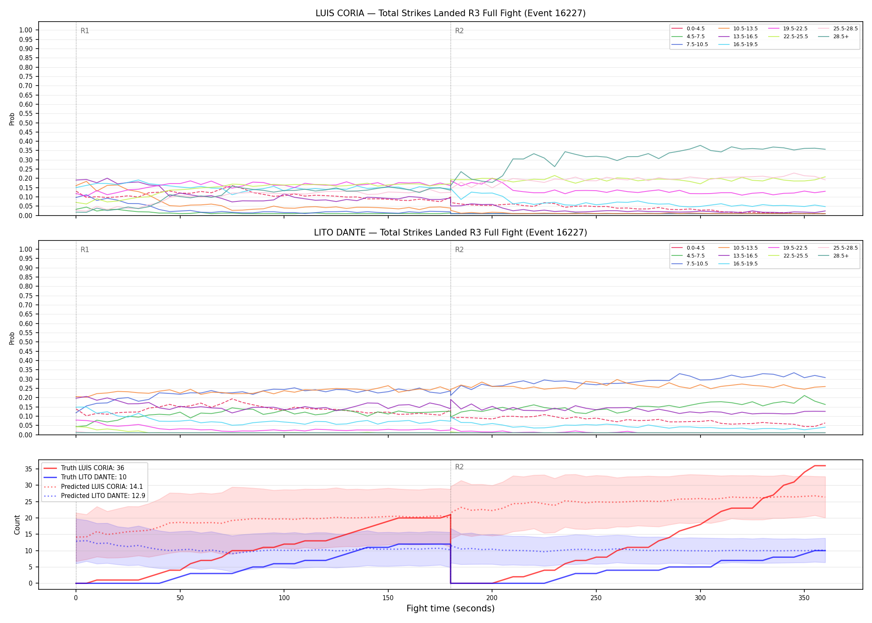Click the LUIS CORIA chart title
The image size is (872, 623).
click(x=451, y=13)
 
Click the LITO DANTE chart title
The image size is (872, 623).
click(x=451, y=233)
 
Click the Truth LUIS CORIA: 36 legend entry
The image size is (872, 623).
click(x=83, y=468)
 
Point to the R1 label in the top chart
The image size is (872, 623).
click(x=85, y=31)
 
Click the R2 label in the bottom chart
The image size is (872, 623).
click(x=459, y=467)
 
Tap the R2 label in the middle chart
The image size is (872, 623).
click(x=459, y=250)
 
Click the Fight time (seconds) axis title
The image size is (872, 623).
click(x=451, y=608)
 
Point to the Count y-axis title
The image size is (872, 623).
click(x=17, y=525)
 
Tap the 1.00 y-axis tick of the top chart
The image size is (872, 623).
click(x=26, y=30)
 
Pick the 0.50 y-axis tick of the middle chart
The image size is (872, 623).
click(x=26, y=342)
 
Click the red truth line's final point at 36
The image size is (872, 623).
click(x=825, y=466)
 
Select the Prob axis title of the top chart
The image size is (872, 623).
click(x=12, y=119)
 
